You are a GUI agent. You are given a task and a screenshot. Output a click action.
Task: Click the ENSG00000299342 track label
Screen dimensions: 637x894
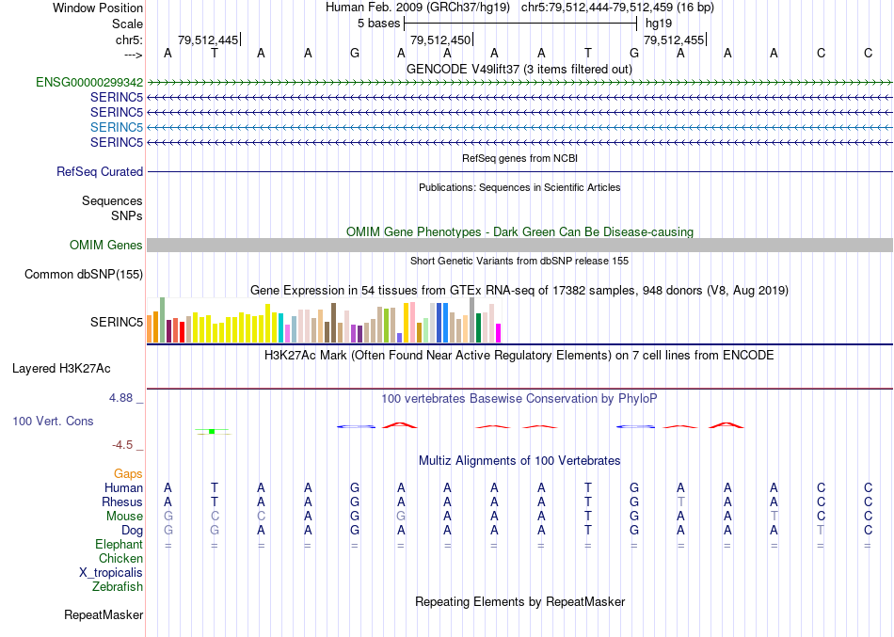89,82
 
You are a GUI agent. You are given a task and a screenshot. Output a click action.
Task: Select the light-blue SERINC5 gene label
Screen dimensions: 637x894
117,127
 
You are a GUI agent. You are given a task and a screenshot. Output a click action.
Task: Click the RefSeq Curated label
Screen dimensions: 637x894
100,171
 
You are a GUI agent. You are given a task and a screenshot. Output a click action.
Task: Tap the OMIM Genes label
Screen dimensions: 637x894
106,245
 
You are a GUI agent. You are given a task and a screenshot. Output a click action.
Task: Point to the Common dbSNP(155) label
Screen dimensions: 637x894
85,274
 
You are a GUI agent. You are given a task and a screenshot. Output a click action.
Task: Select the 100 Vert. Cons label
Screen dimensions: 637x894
53,421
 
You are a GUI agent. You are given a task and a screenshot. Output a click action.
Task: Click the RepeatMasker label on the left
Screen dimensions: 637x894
104,614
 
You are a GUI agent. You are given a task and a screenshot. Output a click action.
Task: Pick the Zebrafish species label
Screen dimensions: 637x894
118,586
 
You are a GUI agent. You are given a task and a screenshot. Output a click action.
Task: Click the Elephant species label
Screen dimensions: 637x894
119,544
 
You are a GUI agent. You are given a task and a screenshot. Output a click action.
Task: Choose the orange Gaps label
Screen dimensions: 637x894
128,473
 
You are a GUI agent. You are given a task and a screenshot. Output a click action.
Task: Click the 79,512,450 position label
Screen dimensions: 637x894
440,40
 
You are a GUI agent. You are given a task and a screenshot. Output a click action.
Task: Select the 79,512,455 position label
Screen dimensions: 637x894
673,40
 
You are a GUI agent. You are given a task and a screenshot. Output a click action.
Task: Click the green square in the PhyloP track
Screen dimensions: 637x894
213,431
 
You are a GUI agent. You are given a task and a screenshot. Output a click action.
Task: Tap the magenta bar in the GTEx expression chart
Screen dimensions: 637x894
498,333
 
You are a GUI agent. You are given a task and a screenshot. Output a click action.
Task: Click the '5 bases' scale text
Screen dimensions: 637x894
379,23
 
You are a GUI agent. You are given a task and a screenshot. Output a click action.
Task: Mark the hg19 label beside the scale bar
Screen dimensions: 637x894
659,23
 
